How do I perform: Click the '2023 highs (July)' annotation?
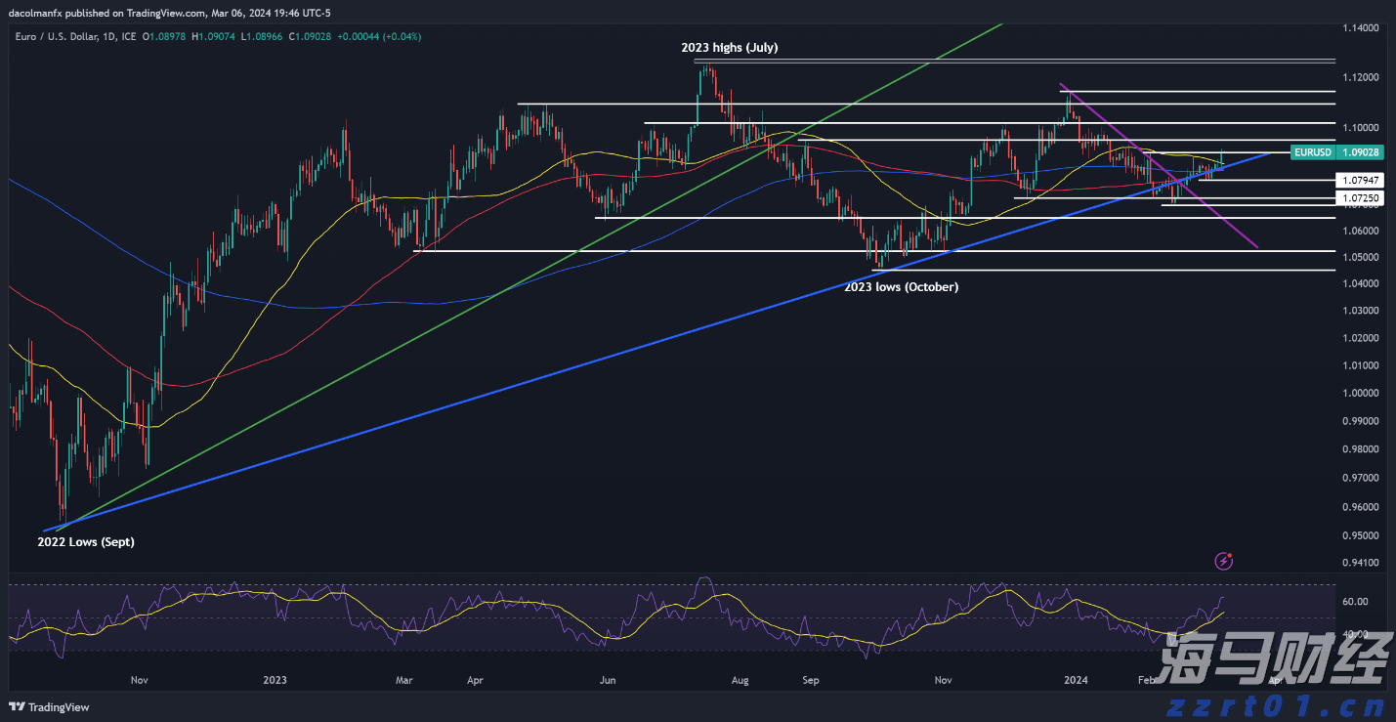click(729, 47)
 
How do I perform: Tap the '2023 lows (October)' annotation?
click(901, 287)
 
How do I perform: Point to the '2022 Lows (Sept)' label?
click(86, 541)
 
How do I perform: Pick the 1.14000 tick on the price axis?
click(1362, 27)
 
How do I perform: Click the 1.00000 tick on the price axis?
click(1362, 394)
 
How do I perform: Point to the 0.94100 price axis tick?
click(1362, 563)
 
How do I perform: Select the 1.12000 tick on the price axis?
click(1362, 77)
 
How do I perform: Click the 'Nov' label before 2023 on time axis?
click(139, 680)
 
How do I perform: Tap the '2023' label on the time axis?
click(275, 680)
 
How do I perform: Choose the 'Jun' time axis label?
click(608, 680)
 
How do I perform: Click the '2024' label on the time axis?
click(1076, 680)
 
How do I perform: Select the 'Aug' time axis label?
click(740, 680)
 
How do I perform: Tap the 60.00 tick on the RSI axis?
click(1355, 602)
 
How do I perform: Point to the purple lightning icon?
click(1224, 561)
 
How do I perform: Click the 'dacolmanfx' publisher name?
click(37, 13)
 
